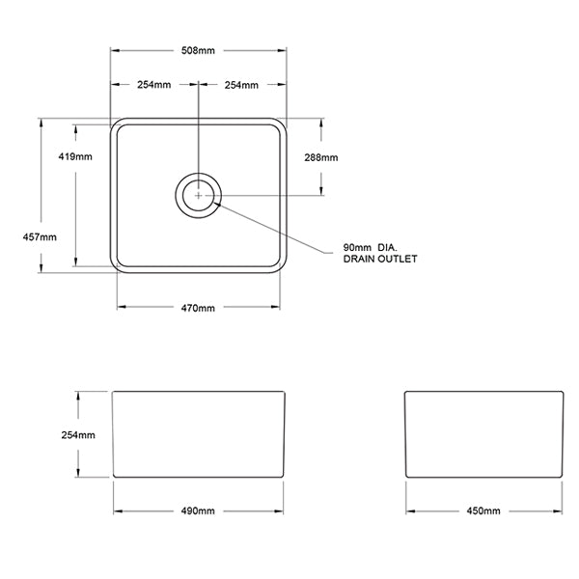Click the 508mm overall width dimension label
[198, 50]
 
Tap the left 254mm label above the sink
[153, 86]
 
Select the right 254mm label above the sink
[241, 86]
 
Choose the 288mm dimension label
[321, 157]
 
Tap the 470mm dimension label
[198, 308]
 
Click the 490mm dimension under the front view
[198, 510]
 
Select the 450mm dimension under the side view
[483, 510]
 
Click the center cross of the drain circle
[199, 194]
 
